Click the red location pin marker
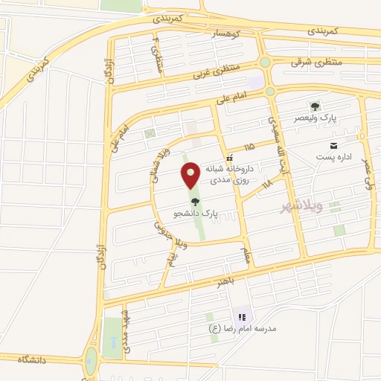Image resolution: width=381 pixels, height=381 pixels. pos(191,176)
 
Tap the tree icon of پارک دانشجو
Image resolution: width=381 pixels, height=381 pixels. pos(196,201)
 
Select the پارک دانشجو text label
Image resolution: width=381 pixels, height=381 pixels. pos(196,214)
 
